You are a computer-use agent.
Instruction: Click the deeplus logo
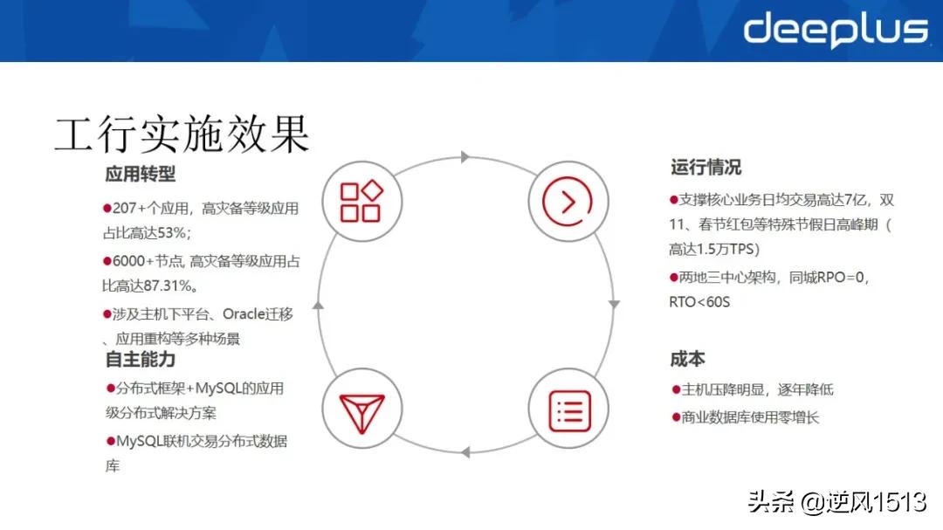click(x=835, y=31)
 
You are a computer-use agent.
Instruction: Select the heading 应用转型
click(x=140, y=174)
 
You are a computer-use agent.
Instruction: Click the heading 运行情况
click(x=706, y=167)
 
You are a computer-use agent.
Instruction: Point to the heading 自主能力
click(x=140, y=359)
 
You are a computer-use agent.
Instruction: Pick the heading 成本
click(x=687, y=359)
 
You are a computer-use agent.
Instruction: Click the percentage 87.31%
click(x=166, y=285)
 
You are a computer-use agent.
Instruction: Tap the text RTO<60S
click(x=699, y=302)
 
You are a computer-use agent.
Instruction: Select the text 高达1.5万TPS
click(x=713, y=249)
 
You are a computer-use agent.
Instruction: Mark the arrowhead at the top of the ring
click(x=465, y=157)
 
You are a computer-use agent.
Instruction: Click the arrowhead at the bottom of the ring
click(x=465, y=451)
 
